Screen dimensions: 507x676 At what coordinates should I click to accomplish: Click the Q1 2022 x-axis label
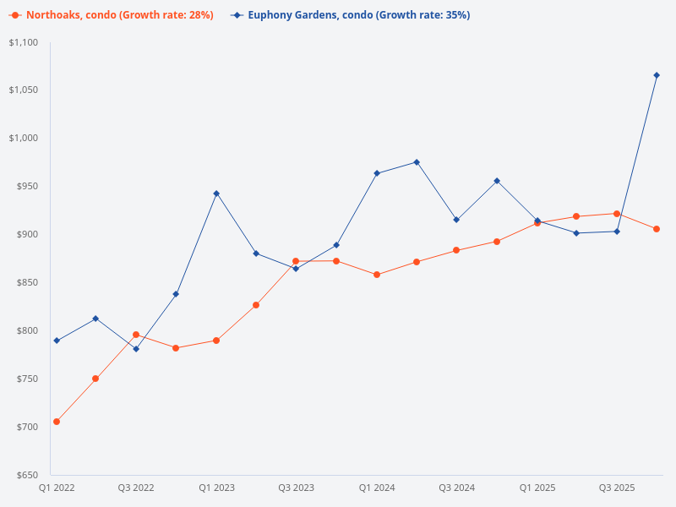click(x=57, y=488)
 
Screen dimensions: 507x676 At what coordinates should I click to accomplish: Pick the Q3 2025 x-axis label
click(x=617, y=488)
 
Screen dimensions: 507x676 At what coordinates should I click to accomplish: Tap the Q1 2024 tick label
click(x=377, y=488)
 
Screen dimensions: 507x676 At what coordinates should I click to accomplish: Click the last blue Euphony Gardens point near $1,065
click(x=657, y=75)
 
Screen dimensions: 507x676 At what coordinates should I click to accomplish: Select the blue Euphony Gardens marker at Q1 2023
click(x=216, y=194)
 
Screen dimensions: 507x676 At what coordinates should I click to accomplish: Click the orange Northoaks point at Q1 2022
click(x=57, y=422)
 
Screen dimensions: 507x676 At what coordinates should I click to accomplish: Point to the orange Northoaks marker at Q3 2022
click(x=136, y=335)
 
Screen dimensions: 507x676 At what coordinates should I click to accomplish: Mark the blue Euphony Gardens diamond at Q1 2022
click(x=57, y=341)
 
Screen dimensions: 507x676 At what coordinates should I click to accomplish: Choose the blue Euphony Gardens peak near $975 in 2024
click(x=417, y=162)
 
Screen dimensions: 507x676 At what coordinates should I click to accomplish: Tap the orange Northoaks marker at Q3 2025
click(x=617, y=214)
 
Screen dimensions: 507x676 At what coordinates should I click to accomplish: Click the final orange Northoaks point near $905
click(x=657, y=229)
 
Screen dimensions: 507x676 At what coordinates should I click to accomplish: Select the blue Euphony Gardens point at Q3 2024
click(x=456, y=220)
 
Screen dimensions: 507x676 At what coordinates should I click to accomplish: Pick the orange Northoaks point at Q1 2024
click(x=377, y=275)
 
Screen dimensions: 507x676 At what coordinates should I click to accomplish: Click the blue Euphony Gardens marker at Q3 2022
click(x=136, y=349)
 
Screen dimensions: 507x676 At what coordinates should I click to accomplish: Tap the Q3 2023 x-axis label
click(x=297, y=488)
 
